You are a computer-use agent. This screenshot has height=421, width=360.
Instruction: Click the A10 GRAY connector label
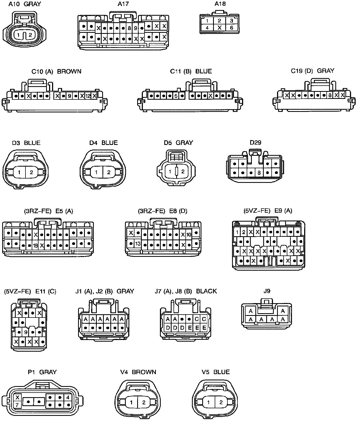tap(25, 4)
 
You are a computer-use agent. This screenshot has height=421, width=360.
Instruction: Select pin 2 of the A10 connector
tap(30, 35)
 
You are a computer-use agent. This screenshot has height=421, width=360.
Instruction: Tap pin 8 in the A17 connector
tap(129, 28)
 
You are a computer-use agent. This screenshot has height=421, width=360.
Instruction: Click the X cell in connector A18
tap(220, 28)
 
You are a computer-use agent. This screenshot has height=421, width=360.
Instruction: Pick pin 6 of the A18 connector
tap(231, 28)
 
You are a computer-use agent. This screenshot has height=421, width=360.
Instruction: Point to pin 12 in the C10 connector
tap(88, 96)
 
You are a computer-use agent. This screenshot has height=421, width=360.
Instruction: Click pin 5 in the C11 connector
tap(176, 96)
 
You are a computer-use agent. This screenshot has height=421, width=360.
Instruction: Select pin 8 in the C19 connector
tap(330, 95)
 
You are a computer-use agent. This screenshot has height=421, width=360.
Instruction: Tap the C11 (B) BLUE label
tap(191, 71)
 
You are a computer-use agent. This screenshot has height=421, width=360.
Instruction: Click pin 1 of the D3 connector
tap(19, 172)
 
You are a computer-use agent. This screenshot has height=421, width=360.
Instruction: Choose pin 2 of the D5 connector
tap(183, 171)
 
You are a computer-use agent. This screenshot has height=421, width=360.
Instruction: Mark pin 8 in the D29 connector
tap(259, 173)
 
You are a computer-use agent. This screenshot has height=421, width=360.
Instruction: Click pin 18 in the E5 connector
tap(35, 246)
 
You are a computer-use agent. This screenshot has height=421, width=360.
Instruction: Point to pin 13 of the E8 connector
tap(138, 244)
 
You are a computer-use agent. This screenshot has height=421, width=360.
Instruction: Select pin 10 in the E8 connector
tap(189, 234)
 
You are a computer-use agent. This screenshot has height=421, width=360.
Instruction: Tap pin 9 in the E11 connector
tap(26, 332)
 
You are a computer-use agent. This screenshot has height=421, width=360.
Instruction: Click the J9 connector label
tap(267, 291)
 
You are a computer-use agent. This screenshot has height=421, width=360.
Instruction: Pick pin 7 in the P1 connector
tap(17, 405)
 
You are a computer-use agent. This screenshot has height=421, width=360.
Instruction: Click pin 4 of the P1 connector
tap(67, 397)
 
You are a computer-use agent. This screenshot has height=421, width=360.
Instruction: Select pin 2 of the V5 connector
tap(221, 402)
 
